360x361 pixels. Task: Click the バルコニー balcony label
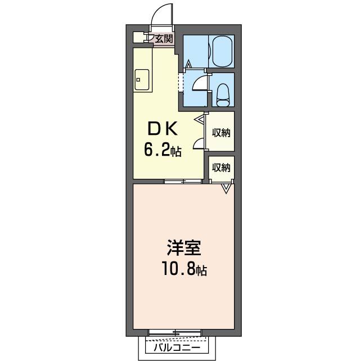click(x=176, y=348)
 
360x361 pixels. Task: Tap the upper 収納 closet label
click(x=221, y=133)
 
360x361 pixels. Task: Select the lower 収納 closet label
click(x=221, y=167)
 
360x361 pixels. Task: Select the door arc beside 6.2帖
click(x=199, y=143)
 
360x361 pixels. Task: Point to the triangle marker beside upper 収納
click(x=200, y=119)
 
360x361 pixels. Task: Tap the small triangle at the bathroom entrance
click(x=189, y=65)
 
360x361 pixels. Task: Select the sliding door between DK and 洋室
click(x=183, y=181)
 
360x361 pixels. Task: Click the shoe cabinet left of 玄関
click(x=138, y=37)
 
